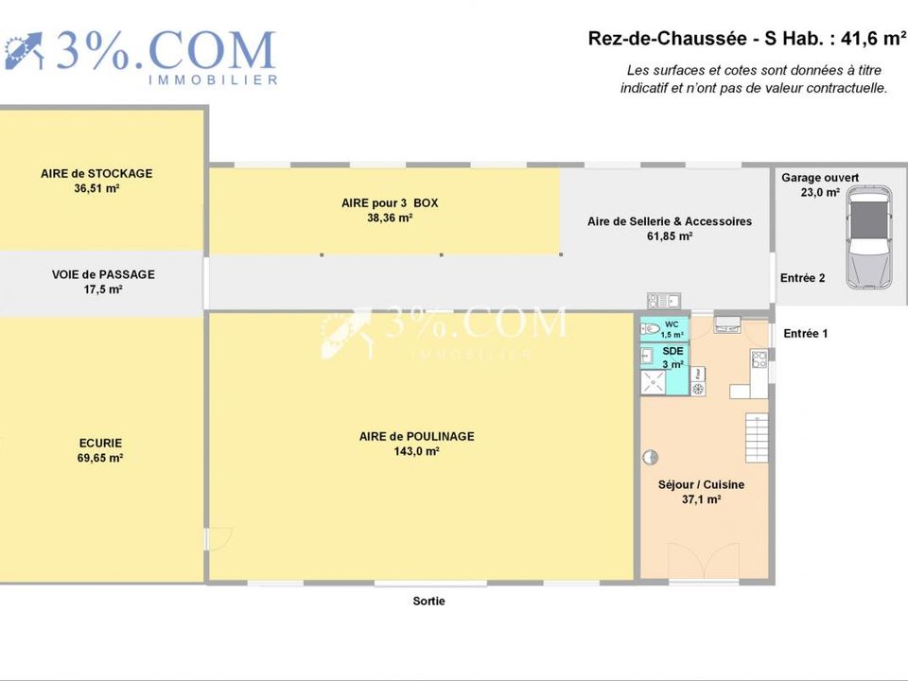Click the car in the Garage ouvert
[x=868, y=237]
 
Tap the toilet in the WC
[x=650, y=329]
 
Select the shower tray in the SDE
[x=653, y=382]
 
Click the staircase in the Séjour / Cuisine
[x=757, y=437]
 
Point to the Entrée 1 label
[x=805, y=334]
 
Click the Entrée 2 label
[x=802, y=278]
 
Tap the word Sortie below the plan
[x=428, y=602]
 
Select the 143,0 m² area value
[x=416, y=451]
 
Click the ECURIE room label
[x=101, y=443]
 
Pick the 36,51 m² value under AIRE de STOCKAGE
[x=96, y=188]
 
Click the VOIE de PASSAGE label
[x=103, y=274]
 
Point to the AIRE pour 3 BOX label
[x=390, y=203]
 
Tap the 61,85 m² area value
[x=670, y=236]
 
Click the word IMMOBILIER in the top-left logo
[x=213, y=79]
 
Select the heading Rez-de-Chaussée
[x=667, y=39]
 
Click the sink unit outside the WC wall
[x=664, y=301]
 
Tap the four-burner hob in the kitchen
[x=760, y=359]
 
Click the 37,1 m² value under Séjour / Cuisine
[x=701, y=499]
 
